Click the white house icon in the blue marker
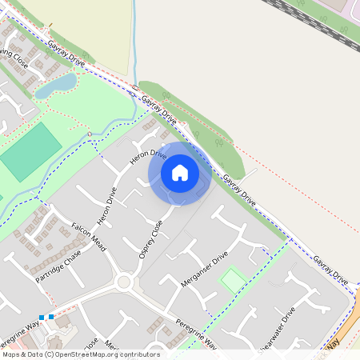(x=180, y=172)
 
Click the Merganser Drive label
(x=204, y=268)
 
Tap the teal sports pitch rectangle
(x=30, y=152)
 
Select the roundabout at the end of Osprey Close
(x=123, y=282)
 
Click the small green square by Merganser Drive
(x=233, y=279)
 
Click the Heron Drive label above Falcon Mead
(x=106, y=207)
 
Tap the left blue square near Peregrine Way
(x=41, y=318)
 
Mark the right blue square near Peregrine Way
(x=51, y=318)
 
